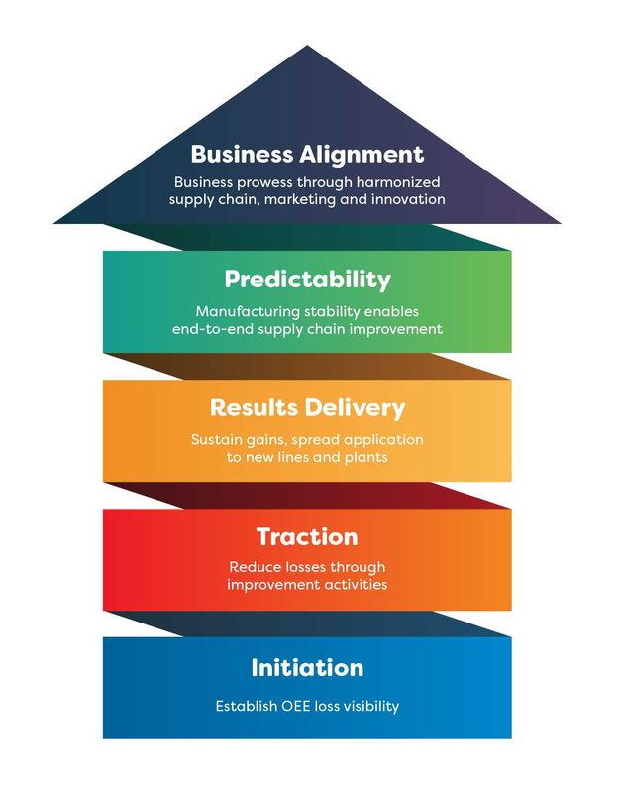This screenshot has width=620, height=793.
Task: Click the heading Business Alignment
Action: (x=307, y=156)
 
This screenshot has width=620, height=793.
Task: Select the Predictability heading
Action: (x=307, y=280)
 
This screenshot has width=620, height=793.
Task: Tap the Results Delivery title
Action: (x=307, y=408)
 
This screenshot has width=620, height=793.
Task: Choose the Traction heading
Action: (x=307, y=537)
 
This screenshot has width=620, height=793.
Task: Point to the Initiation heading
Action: (x=307, y=667)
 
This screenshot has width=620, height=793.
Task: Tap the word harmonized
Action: (x=398, y=182)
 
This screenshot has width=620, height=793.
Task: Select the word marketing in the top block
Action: (x=300, y=200)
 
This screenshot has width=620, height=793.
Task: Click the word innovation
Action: (x=408, y=199)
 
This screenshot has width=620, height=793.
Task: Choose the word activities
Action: (x=356, y=585)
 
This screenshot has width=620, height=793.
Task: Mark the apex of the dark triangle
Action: (x=307, y=46)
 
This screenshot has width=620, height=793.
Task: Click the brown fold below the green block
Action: (x=307, y=366)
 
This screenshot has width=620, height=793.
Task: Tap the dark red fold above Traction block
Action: (x=307, y=495)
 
